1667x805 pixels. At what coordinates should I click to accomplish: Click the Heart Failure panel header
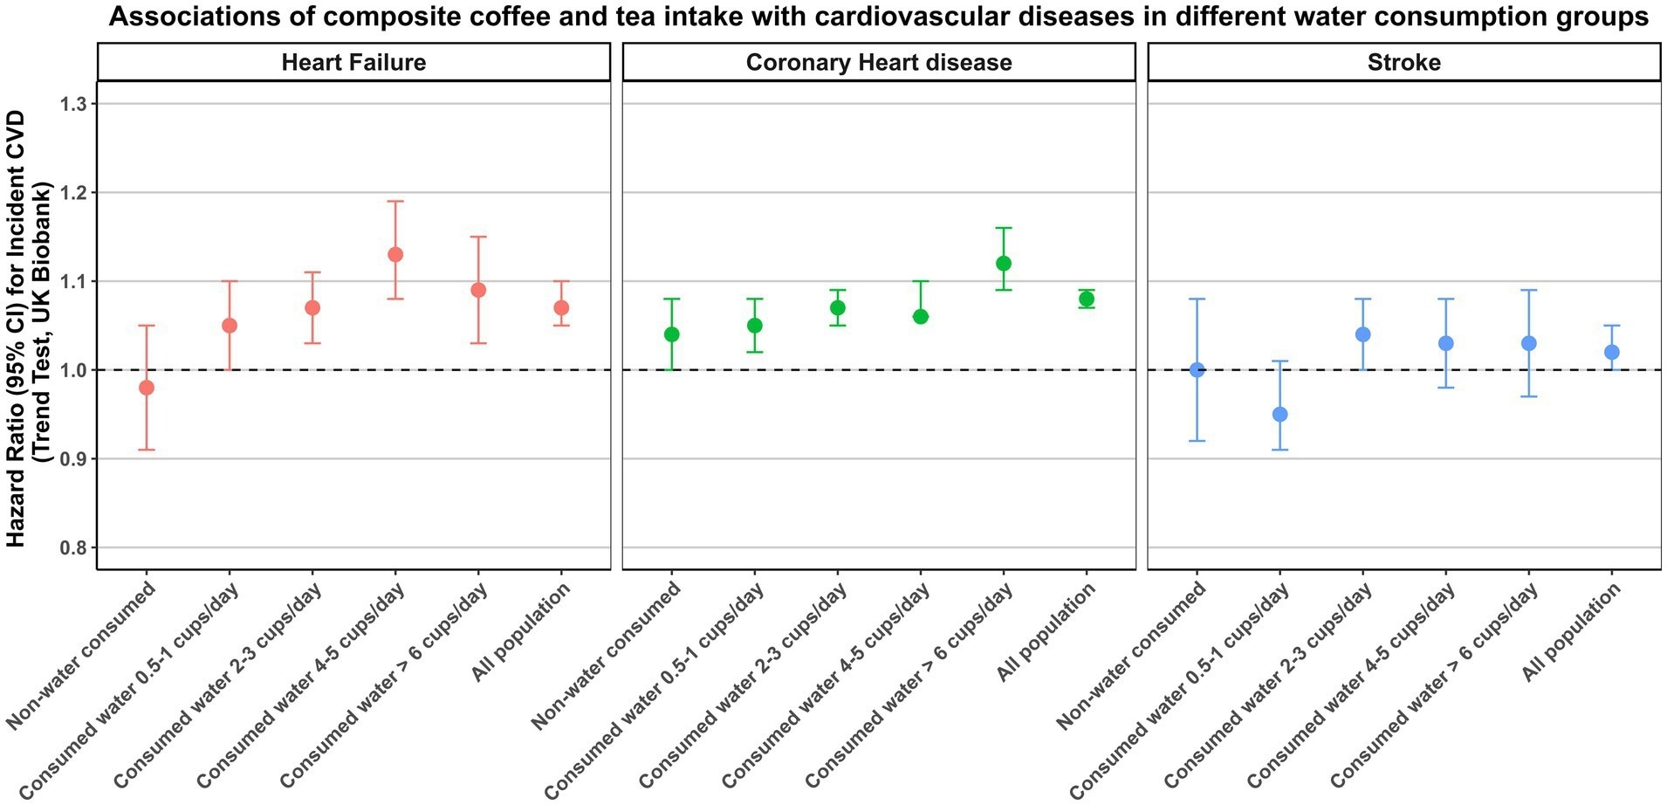click(353, 63)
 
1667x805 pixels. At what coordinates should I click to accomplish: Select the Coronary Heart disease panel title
click(879, 63)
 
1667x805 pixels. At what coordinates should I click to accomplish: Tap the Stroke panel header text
click(1403, 63)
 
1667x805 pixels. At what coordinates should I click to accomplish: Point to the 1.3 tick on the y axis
click(76, 104)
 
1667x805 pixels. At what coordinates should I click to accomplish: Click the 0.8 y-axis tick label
click(76, 547)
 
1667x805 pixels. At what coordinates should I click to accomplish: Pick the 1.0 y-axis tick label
click(76, 370)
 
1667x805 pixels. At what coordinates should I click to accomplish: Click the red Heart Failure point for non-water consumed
click(147, 388)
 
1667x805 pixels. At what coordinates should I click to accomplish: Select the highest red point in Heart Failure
click(395, 255)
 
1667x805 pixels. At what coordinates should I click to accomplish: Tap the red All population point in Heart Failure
click(561, 308)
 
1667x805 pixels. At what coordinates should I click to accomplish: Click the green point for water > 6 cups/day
click(1004, 264)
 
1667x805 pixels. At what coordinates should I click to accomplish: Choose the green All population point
click(1087, 299)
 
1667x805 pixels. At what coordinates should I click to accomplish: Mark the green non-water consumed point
click(672, 334)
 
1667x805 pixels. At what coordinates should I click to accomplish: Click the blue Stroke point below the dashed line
click(1280, 415)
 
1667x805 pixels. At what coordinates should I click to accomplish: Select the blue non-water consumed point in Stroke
click(1197, 370)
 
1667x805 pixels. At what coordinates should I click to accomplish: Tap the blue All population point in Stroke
click(1612, 352)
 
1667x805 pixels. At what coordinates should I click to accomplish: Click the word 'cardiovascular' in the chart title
click(898, 17)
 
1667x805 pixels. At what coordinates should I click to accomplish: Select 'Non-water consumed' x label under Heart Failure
click(83, 655)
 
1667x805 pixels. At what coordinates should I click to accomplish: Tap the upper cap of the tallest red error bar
click(395, 202)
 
